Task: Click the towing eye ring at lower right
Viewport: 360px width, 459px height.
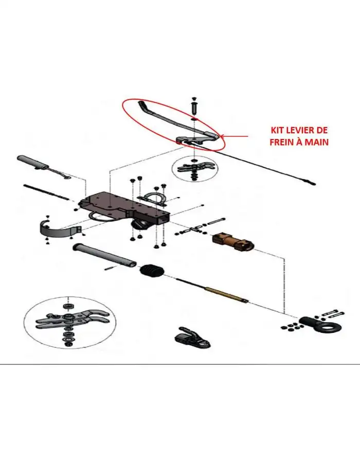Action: pos(329,325)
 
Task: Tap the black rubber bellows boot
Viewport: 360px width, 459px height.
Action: pos(152,271)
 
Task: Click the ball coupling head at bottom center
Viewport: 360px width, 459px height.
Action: pos(193,339)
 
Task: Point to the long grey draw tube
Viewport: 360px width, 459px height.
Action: pos(104,255)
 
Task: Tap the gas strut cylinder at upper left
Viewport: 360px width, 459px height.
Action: pos(33,163)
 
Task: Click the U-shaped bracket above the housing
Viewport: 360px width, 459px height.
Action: pos(155,198)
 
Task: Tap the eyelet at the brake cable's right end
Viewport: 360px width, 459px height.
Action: pos(313,184)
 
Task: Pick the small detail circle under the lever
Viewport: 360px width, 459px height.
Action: pos(194,169)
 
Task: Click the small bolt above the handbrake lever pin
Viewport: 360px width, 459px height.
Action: pos(193,98)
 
